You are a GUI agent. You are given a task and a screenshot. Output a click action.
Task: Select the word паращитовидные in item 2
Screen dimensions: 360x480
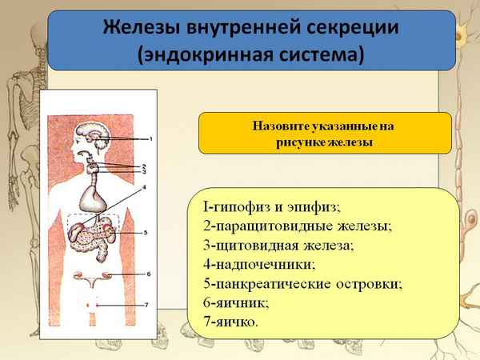(x=272, y=226)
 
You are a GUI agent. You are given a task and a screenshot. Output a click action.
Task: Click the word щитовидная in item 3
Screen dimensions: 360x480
(x=258, y=245)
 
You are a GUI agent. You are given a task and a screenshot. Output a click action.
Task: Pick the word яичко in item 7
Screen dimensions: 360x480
(x=237, y=322)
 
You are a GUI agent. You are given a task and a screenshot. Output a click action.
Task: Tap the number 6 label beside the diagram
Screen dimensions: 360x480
(x=148, y=274)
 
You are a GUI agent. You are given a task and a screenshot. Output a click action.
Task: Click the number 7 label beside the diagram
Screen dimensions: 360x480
(x=148, y=305)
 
